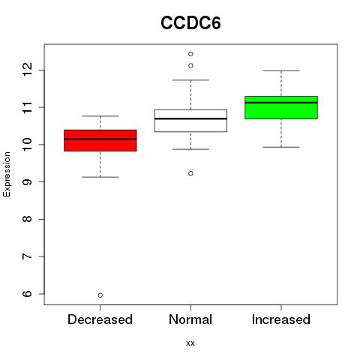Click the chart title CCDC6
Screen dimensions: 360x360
(190, 23)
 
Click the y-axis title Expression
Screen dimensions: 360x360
(7, 174)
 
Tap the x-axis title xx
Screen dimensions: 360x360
(190, 343)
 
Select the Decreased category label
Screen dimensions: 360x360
(100, 319)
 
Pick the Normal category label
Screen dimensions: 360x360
(190, 319)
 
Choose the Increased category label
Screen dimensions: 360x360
(281, 319)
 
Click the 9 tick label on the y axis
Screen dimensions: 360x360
(27, 181)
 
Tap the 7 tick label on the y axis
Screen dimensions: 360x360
(27, 256)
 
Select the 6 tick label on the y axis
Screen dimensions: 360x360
(27, 294)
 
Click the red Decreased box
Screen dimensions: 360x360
(100, 140)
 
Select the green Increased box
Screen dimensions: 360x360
(281, 107)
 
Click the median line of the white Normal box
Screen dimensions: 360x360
(190, 118)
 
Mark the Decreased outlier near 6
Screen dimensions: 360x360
(100, 295)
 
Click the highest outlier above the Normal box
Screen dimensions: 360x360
(190, 54)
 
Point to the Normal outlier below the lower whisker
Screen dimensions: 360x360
(190, 173)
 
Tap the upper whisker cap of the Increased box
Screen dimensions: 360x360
(281, 71)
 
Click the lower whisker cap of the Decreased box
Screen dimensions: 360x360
(100, 177)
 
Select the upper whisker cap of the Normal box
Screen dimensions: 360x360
(190, 80)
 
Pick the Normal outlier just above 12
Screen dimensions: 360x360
(190, 66)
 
